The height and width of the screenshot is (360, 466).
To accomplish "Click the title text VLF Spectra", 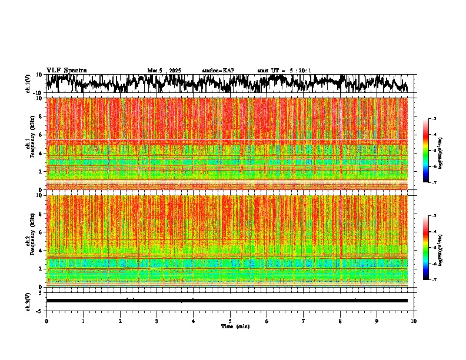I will coord(66,71).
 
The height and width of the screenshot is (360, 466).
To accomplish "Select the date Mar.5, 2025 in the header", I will coord(164,71).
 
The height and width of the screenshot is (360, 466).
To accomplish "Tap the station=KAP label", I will coord(218,71).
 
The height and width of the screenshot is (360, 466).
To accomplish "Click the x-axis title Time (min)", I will coord(235,326).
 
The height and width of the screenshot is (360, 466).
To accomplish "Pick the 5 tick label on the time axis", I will coord(230,321).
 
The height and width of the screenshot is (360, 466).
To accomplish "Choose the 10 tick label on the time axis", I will coord(414,321).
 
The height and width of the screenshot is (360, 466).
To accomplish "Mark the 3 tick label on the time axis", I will coord(157,321).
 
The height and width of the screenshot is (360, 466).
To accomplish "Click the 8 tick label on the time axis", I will coord(340,321).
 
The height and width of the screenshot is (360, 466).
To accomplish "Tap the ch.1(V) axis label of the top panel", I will coord(28,84).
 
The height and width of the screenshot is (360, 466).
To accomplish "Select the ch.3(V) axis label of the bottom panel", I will coord(28,301).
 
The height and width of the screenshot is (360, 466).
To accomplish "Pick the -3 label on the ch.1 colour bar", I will coord(434,119).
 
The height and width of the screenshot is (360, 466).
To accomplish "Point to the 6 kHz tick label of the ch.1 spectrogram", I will coord(41,135).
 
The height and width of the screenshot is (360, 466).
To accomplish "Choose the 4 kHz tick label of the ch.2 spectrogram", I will coord(41,250).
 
